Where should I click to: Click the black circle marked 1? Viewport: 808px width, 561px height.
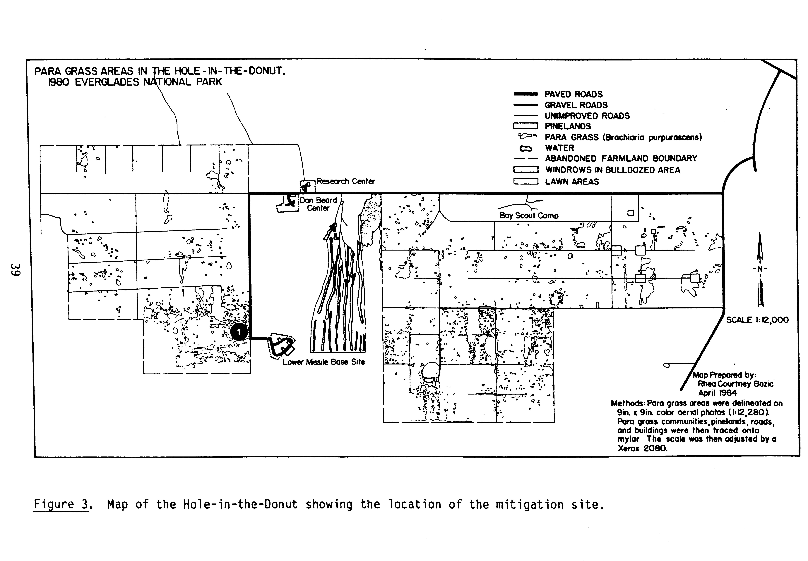239,331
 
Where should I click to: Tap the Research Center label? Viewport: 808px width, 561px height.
346,181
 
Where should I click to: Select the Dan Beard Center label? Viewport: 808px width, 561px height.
318,204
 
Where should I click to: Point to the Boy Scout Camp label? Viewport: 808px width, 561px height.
529,216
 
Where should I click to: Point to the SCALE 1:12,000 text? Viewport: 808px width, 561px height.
757,320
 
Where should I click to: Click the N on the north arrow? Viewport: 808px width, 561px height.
760,269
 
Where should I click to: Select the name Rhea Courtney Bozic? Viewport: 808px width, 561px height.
735,384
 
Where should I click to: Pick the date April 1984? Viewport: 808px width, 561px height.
717,393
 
